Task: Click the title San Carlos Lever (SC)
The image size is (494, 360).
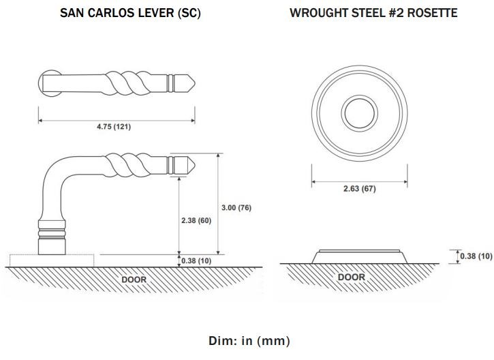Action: (x=130, y=13)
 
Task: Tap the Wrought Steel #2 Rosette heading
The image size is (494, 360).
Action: (x=373, y=13)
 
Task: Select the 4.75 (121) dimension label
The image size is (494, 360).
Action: (x=114, y=127)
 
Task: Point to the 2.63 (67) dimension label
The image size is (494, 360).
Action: (x=360, y=188)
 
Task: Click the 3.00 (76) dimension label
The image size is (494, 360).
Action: (x=236, y=208)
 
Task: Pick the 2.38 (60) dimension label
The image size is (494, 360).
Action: (x=196, y=220)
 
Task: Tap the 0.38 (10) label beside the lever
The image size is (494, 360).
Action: (x=196, y=260)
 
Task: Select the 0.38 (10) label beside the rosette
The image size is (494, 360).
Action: (x=476, y=256)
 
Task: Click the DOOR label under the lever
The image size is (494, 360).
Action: (x=134, y=280)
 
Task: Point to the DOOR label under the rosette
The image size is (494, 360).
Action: (x=352, y=277)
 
